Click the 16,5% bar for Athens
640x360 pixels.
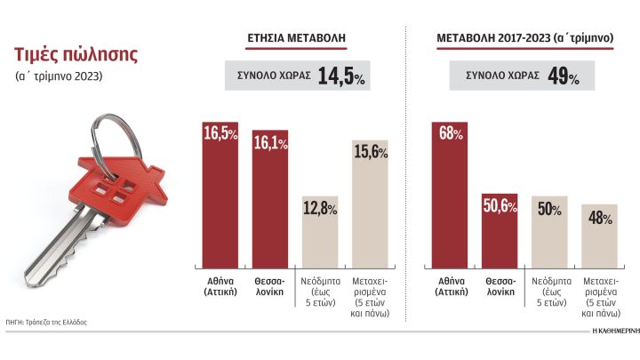pos(216,196)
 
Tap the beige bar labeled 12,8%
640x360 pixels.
pos(319,231)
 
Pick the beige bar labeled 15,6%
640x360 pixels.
pos(369,204)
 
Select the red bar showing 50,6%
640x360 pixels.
pos(500,231)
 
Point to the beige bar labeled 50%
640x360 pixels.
pos(549,233)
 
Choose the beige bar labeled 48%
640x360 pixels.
pos(599,236)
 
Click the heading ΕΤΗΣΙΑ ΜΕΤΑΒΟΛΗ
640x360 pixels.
pos(296,38)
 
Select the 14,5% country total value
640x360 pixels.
pos(342,76)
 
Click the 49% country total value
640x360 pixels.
pos(563,76)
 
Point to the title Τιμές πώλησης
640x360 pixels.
pos(75,54)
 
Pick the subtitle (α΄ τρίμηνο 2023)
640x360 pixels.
pos(59,76)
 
